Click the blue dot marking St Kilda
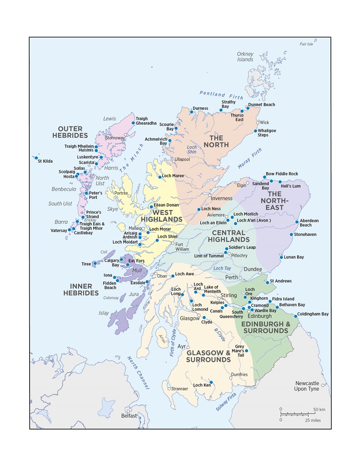pos(36,158)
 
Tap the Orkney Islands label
pos(245,57)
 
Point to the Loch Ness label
pos(211,209)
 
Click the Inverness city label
pos(222,198)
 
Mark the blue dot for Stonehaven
pos(291,235)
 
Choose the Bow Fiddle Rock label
pos(282,174)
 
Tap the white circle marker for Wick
pos(258,122)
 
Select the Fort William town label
pos(182,246)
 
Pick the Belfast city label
pos(129,416)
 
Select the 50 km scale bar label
pos(319,409)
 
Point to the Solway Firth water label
pos(226,401)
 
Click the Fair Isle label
pos(306,44)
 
